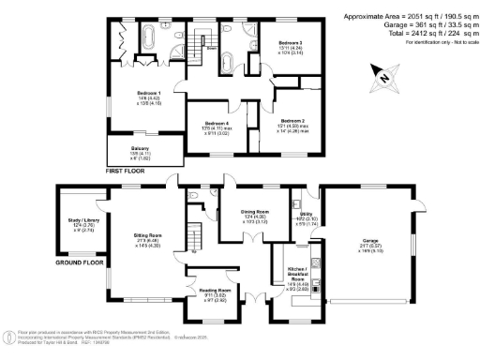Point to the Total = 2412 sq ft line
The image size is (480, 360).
pyautogui.click(x=429, y=34)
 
